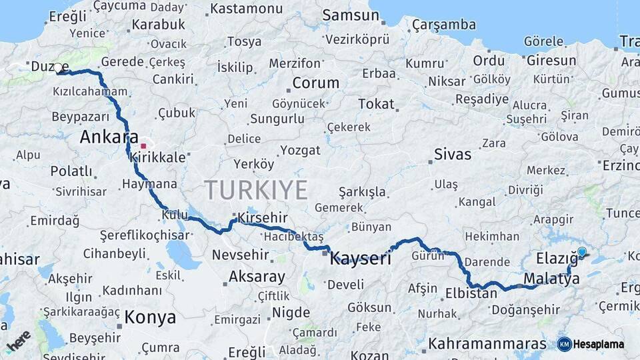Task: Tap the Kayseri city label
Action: click(361, 259)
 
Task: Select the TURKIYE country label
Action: click(256, 190)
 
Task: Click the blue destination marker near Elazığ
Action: click(582, 251)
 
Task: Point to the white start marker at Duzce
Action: click(58, 68)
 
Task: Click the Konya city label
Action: click(150, 317)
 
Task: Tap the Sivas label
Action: click(453, 154)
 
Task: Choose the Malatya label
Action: click(551, 279)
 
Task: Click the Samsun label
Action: click(346, 15)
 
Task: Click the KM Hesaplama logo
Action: click(591, 344)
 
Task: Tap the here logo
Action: click(19, 341)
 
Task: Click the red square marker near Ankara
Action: click(143, 145)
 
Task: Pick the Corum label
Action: click(316, 84)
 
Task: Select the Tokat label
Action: click(376, 104)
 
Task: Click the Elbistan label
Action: click(471, 293)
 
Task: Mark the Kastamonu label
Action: click(246, 9)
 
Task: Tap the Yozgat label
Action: click(300, 150)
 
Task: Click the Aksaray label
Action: click(257, 276)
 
